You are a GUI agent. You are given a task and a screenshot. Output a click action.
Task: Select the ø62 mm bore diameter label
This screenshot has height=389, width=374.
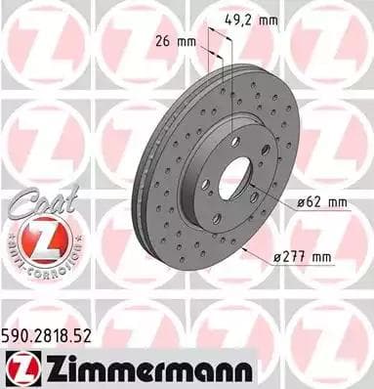point(318,202)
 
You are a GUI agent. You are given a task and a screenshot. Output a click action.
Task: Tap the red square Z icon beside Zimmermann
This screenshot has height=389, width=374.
point(20,368)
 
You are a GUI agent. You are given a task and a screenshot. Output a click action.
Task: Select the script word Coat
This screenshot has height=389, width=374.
point(33,203)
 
